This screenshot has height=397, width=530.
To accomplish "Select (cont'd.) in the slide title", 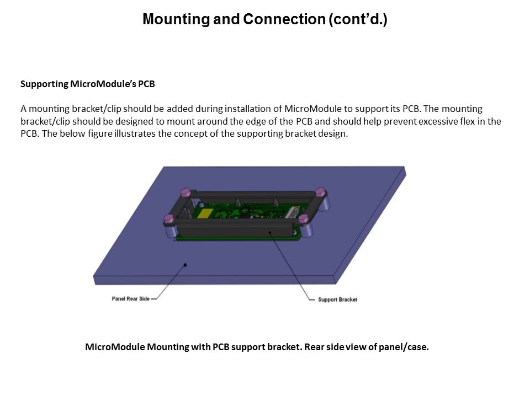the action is click(358, 19).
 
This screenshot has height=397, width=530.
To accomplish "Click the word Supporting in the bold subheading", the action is click(44, 84).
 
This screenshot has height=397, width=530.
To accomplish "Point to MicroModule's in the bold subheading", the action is click(103, 84).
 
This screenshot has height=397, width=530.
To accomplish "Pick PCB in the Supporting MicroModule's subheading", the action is click(146, 84).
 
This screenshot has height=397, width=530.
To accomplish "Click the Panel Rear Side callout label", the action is click(130, 299).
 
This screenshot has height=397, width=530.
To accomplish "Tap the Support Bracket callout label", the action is click(337, 299).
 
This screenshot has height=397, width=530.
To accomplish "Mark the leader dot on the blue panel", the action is click(185, 265).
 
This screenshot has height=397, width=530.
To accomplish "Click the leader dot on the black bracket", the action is click(270, 232).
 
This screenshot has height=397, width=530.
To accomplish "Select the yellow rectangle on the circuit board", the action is click(205, 213).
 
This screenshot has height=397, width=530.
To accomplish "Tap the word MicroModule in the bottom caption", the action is click(115, 347).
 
